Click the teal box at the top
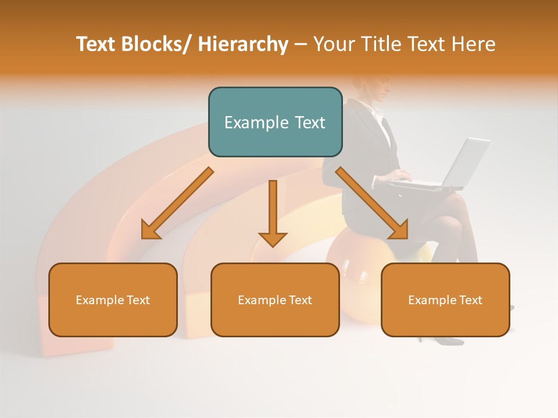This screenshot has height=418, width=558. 275,122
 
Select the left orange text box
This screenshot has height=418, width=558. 113,300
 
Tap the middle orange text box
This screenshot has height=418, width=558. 275,300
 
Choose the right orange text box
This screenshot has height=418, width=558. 445,300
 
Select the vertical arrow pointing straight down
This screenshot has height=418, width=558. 273,212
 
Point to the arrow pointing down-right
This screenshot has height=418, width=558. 372,203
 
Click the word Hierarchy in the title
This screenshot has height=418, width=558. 243,44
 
